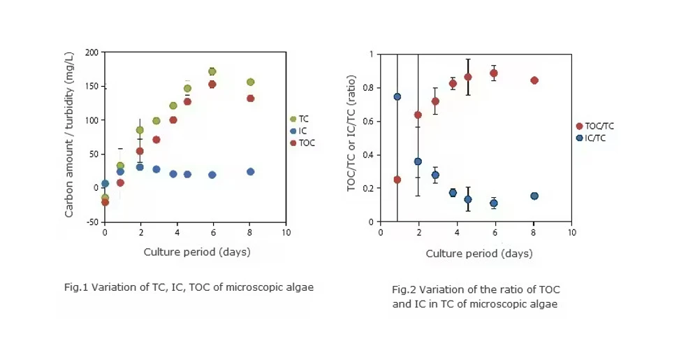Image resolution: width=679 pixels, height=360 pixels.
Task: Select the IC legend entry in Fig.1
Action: [298, 131]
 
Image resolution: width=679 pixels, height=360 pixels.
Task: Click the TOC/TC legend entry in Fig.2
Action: [597, 126]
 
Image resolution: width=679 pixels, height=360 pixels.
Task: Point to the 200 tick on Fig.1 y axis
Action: [92, 52]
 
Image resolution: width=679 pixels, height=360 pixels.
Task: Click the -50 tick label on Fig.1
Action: [92, 222]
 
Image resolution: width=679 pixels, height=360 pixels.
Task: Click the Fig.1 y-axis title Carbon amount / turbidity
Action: [70, 137]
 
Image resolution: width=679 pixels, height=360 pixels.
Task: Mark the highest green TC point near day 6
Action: [212, 71]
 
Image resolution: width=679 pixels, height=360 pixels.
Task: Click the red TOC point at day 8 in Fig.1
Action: [250, 99]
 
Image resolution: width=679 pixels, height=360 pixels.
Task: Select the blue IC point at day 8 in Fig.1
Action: [250, 171]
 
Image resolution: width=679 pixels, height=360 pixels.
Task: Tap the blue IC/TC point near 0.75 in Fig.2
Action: [397, 96]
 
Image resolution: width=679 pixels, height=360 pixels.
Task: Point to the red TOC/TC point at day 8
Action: [534, 80]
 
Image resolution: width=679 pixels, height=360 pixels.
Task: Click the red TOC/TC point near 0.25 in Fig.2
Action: [397, 180]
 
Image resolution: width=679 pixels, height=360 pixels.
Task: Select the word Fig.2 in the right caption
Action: [404, 289]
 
